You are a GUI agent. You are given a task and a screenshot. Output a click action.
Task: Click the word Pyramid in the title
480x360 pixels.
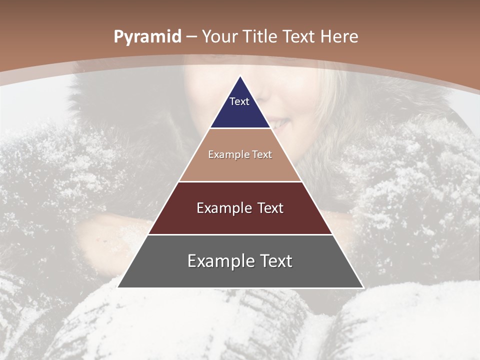[x=147, y=37]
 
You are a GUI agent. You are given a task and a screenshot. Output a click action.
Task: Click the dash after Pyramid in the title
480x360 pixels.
[x=192, y=37]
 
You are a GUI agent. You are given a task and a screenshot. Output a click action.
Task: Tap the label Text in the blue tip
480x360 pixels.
[x=239, y=101]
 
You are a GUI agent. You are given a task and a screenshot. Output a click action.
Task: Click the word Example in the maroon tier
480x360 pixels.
[x=223, y=208]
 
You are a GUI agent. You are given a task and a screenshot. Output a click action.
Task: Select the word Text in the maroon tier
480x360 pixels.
[x=270, y=208]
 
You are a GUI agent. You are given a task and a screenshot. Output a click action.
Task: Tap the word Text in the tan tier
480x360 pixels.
[x=261, y=155]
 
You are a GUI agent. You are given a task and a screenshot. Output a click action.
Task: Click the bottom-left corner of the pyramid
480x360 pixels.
[x=118, y=287]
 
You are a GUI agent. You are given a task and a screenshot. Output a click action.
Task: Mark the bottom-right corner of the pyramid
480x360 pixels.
[x=363, y=287]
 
